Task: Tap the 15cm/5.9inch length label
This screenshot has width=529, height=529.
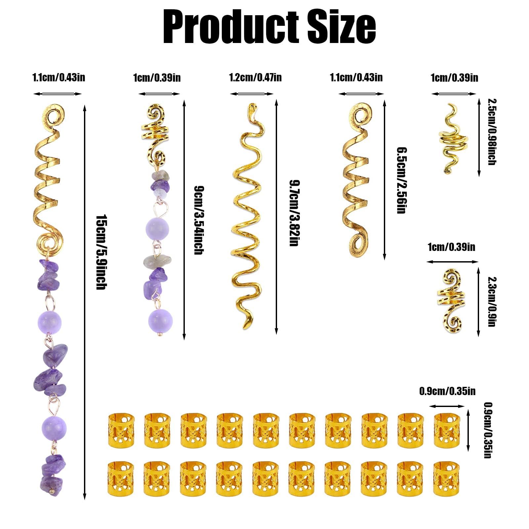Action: [x=101, y=252]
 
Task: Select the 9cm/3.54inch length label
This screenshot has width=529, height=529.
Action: [x=198, y=220]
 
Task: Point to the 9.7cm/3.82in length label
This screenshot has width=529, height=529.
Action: [x=294, y=213]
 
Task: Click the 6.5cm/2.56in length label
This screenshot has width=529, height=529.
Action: [x=401, y=180]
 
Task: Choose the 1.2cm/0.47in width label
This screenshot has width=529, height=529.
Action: [x=255, y=78]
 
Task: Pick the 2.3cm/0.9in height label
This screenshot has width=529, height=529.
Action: [x=491, y=302]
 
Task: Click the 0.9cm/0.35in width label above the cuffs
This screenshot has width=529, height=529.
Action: [x=447, y=391]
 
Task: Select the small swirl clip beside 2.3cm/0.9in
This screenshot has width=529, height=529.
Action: [x=450, y=301]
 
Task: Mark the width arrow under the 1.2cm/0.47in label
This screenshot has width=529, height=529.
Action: [x=252, y=94]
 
